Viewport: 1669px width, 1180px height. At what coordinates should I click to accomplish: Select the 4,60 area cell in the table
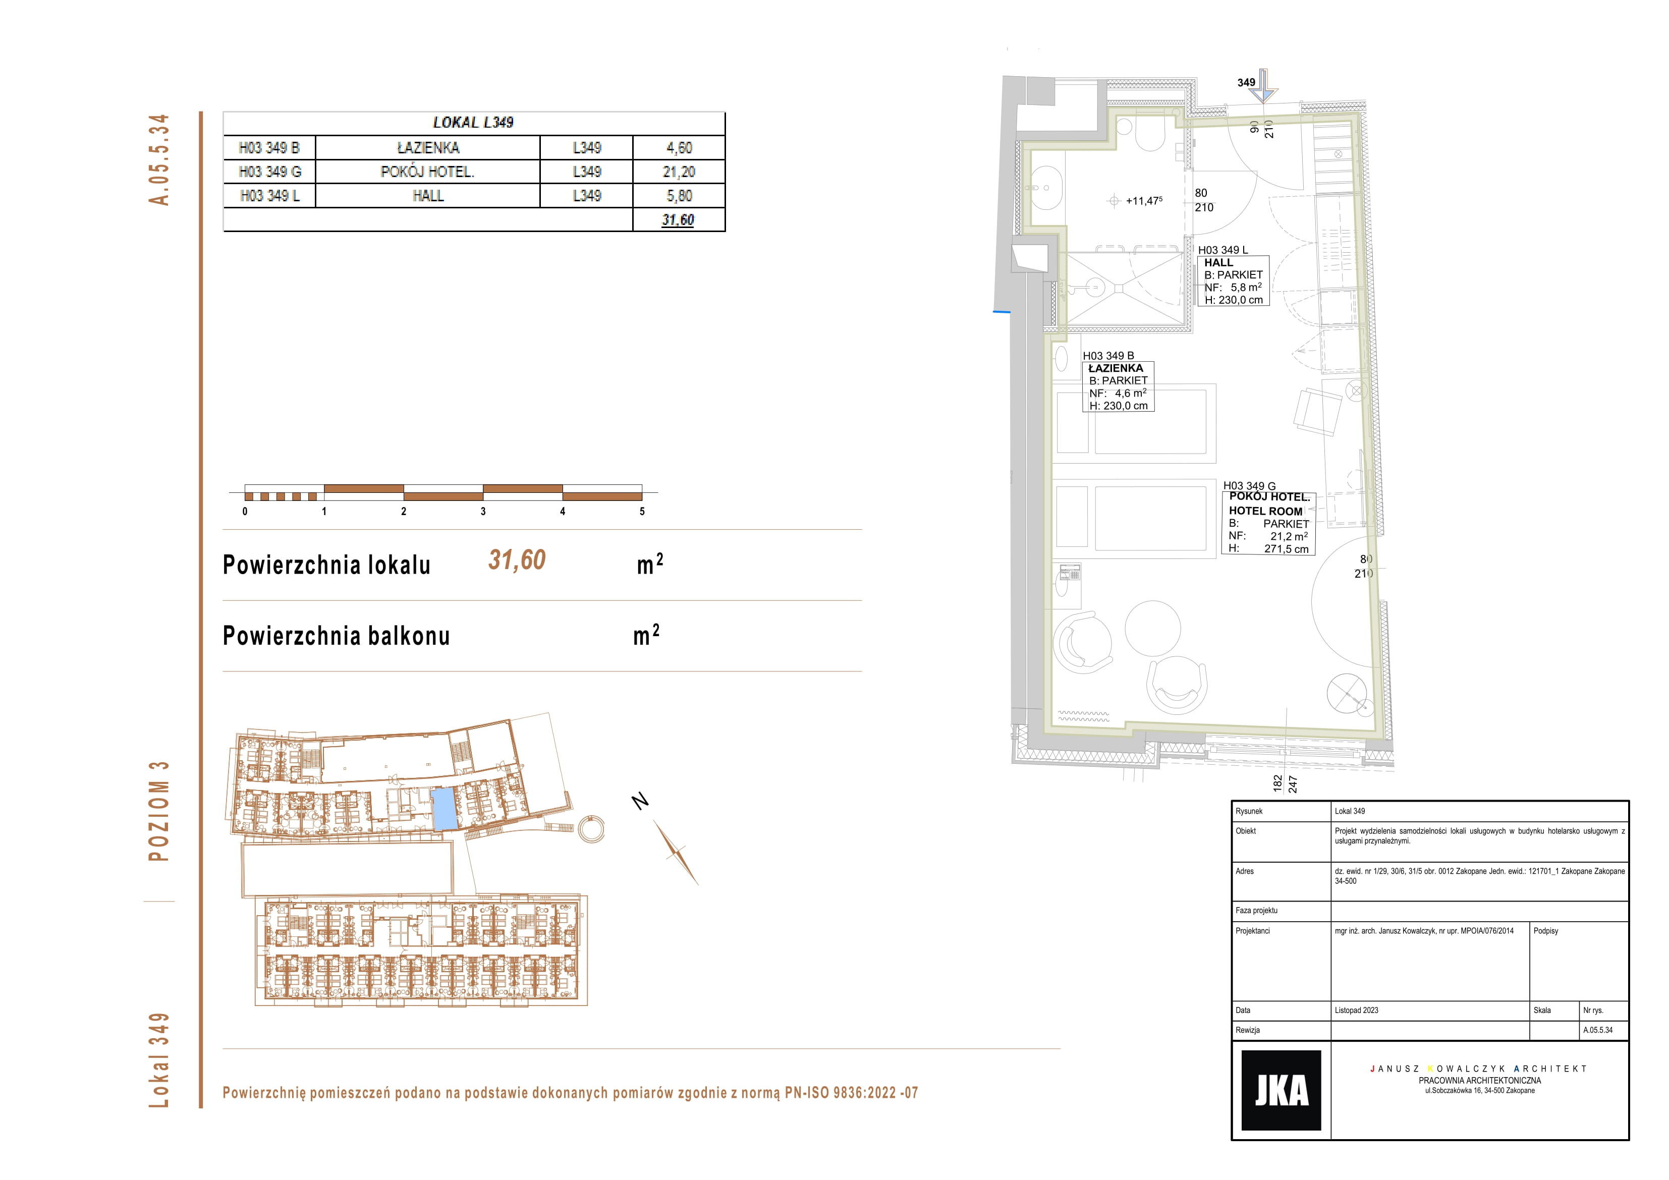[679, 148]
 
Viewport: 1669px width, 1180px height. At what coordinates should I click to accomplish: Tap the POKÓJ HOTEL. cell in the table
[427, 172]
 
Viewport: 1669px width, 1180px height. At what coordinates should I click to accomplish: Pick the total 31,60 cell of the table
[678, 219]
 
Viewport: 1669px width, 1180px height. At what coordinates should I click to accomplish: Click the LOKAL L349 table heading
[473, 123]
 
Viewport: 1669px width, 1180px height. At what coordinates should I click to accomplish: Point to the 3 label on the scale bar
[483, 511]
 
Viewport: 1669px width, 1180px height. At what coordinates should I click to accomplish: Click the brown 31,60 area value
[517, 560]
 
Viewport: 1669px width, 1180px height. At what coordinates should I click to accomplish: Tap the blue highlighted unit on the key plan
[444, 809]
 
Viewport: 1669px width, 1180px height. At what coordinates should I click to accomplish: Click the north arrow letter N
[640, 801]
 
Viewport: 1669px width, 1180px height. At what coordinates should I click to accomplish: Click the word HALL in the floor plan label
[1218, 262]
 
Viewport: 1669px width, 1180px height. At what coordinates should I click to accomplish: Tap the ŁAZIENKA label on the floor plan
[1116, 368]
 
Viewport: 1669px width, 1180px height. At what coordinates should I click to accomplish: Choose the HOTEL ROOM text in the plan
[1265, 511]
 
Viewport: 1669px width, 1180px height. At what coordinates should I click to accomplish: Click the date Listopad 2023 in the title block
[1356, 1010]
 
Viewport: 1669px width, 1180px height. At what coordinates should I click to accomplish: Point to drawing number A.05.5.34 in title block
[1598, 1030]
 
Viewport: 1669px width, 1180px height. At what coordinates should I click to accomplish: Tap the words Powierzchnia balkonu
[336, 636]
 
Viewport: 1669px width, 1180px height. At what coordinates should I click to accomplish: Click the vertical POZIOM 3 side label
[158, 811]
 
